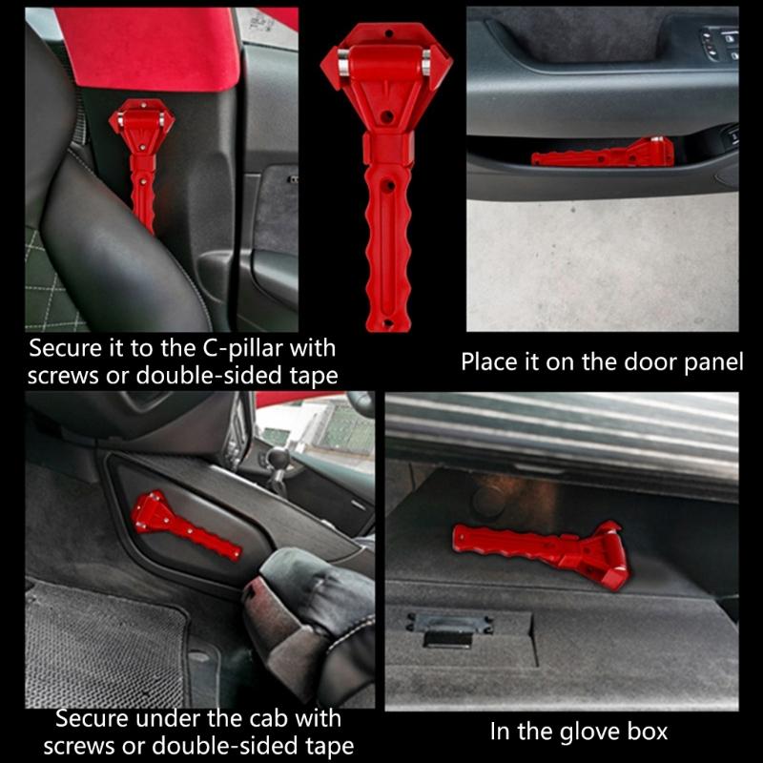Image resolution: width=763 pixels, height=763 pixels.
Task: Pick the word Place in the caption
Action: (491, 362)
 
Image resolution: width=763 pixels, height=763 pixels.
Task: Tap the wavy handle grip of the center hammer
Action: (386, 248)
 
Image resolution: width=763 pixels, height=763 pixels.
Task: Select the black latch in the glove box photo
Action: (448, 629)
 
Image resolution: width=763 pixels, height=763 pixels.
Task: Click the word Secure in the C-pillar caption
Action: (64, 347)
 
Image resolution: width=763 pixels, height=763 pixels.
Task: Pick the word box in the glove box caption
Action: (649, 732)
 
